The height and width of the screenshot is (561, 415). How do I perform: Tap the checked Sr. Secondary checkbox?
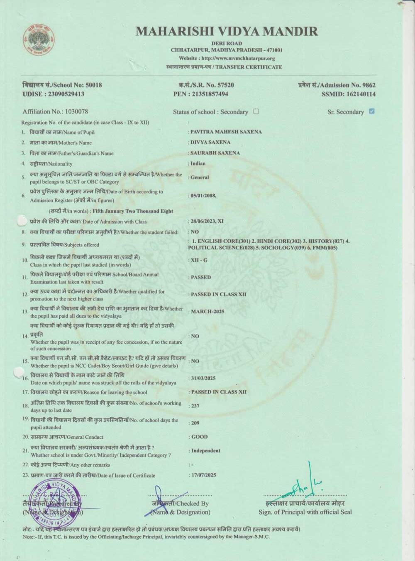coord(372,111)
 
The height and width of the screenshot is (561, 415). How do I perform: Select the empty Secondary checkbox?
coord(256,111)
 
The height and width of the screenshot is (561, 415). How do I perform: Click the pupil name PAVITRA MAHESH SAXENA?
coord(226,132)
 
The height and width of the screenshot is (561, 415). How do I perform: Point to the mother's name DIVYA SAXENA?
coord(210,142)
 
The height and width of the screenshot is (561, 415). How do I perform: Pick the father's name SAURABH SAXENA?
coord(215,153)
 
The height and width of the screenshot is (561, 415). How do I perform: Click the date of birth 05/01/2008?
coord(203,195)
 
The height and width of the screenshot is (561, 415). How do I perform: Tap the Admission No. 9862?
coord(367,85)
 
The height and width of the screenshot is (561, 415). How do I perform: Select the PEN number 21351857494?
coord(210,94)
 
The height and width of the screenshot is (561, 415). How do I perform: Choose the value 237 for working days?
coord(195,406)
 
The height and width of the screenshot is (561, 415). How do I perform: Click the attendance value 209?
coord(195,423)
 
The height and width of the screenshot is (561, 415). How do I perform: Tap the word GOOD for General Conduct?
coord(200,437)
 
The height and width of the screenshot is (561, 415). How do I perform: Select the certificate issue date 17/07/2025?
coord(204,475)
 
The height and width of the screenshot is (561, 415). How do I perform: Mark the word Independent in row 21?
coord(205,450)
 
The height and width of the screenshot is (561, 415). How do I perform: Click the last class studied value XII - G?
coord(199,260)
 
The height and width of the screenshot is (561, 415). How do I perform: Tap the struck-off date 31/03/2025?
coord(203,378)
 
